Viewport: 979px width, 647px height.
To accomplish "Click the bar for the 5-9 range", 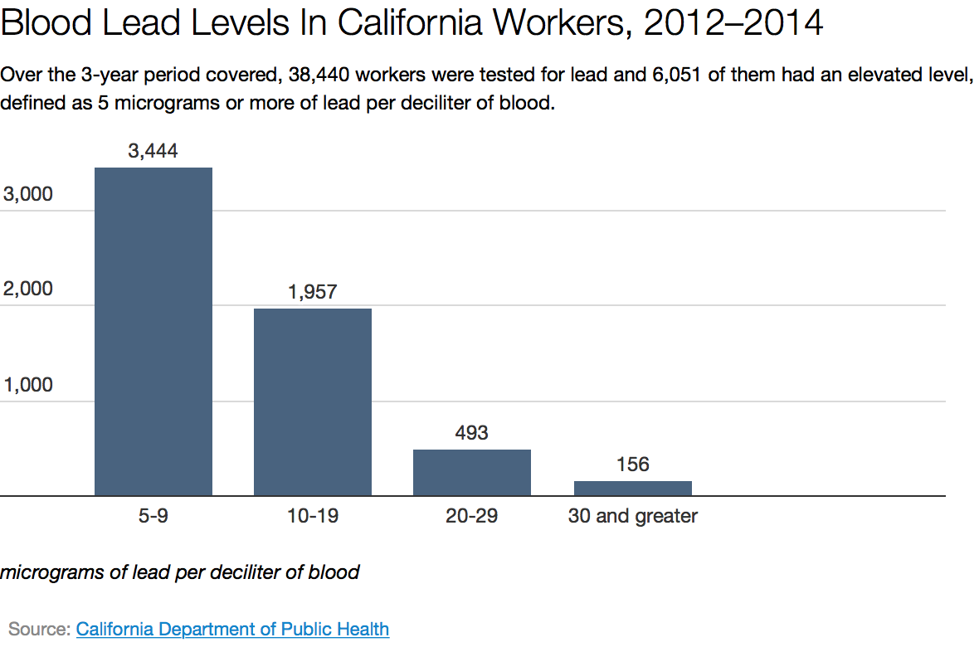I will (153, 332).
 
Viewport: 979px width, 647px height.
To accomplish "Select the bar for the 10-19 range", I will (312, 402).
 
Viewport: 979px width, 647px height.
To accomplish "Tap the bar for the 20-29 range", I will (471, 473).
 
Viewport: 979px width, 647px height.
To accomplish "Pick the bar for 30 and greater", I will (632, 489).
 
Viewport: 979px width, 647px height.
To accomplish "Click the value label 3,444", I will (153, 151).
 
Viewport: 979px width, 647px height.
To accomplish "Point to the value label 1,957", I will (312, 292).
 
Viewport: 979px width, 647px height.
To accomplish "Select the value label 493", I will (471, 433).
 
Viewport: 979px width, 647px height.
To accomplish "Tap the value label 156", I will (632, 465).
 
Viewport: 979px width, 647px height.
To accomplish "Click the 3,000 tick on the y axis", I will (28, 194).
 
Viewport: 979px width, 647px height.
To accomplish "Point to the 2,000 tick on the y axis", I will (28, 289).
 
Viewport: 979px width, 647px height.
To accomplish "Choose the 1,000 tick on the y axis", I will (28, 385).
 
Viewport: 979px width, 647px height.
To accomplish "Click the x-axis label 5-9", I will (153, 516).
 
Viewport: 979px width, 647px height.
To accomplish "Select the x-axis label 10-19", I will (312, 516).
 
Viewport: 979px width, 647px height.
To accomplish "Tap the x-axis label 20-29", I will (471, 516).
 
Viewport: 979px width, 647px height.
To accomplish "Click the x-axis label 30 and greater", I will (632, 516).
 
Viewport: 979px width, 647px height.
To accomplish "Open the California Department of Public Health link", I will (232, 629).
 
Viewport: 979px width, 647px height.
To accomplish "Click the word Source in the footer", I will (37, 629).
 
